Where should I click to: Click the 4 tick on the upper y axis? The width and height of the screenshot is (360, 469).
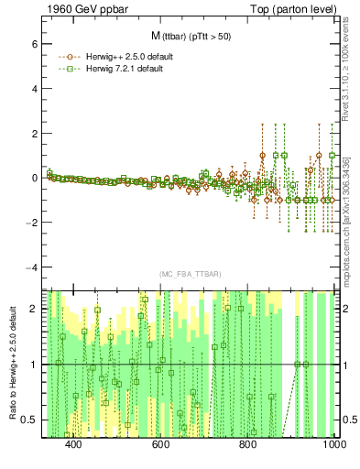[x=32, y=88]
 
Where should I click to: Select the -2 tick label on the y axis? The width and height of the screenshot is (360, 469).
[x=30, y=223]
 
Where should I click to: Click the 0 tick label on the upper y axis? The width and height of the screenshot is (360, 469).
[x=32, y=178]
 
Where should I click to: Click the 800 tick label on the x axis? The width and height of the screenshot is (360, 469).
[x=247, y=444]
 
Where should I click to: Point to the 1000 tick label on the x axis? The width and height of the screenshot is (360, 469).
[x=332, y=444]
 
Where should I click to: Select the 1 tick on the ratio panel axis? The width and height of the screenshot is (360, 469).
[x=33, y=365]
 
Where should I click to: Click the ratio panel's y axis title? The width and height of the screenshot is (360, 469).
[x=11, y=363]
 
